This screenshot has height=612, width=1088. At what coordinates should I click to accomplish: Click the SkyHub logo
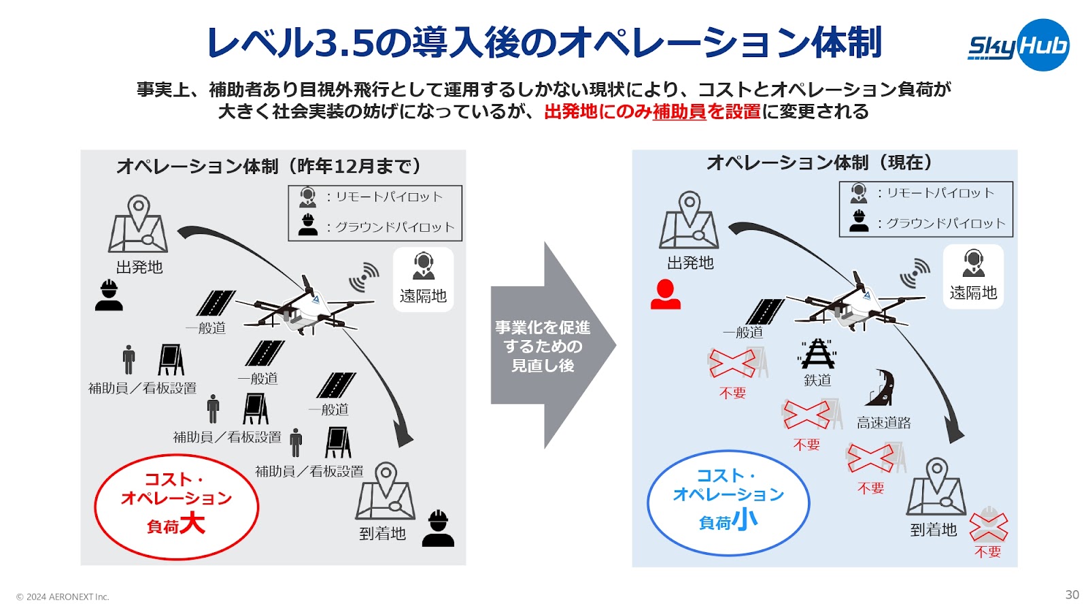click(1018, 46)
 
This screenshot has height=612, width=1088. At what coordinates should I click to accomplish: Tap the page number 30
click(1072, 594)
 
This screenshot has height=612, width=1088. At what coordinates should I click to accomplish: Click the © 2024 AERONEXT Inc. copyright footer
click(63, 597)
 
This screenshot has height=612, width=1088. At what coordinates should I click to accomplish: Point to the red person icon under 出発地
click(665, 295)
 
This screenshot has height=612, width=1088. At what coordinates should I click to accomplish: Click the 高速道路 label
click(883, 423)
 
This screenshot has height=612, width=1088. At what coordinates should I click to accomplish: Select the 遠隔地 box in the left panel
click(423, 279)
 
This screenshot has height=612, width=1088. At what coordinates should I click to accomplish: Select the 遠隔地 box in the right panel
click(973, 276)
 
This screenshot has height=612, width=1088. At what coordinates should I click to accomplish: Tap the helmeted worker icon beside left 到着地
click(438, 528)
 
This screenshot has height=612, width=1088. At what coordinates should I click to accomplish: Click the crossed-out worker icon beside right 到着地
click(988, 525)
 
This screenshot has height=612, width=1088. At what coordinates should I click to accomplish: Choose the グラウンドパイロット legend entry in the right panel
click(926, 222)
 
